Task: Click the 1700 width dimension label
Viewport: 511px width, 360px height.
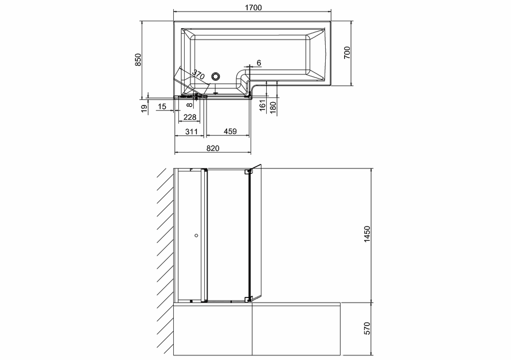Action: (x=253, y=7)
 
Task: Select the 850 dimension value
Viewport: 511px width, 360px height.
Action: (x=138, y=60)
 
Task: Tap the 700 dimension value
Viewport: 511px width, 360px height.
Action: (x=347, y=53)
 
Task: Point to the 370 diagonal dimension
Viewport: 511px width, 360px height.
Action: (x=198, y=75)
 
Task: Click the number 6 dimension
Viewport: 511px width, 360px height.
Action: (x=259, y=63)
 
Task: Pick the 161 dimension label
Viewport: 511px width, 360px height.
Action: (x=263, y=105)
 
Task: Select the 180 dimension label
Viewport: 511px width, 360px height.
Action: (x=273, y=108)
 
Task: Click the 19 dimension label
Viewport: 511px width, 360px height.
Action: (x=144, y=109)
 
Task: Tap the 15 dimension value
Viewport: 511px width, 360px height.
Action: (x=162, y=107)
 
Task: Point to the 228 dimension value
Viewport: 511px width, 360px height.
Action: (x=190, y=117)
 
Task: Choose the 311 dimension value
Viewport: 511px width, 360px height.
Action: (x=192, y=132)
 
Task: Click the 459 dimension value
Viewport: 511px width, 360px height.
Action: (x=230, y=131)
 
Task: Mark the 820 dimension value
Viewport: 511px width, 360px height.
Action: (x=213, y=148)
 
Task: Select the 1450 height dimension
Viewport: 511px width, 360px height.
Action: (x=367, y=234)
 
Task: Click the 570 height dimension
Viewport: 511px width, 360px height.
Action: (x=367, y=328)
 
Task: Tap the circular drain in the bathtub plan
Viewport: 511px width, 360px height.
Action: (x=216, y=77)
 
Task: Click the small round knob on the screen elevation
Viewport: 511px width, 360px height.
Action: (x=196, y=235)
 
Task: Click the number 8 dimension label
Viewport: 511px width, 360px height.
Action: (x=190, y=104)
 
